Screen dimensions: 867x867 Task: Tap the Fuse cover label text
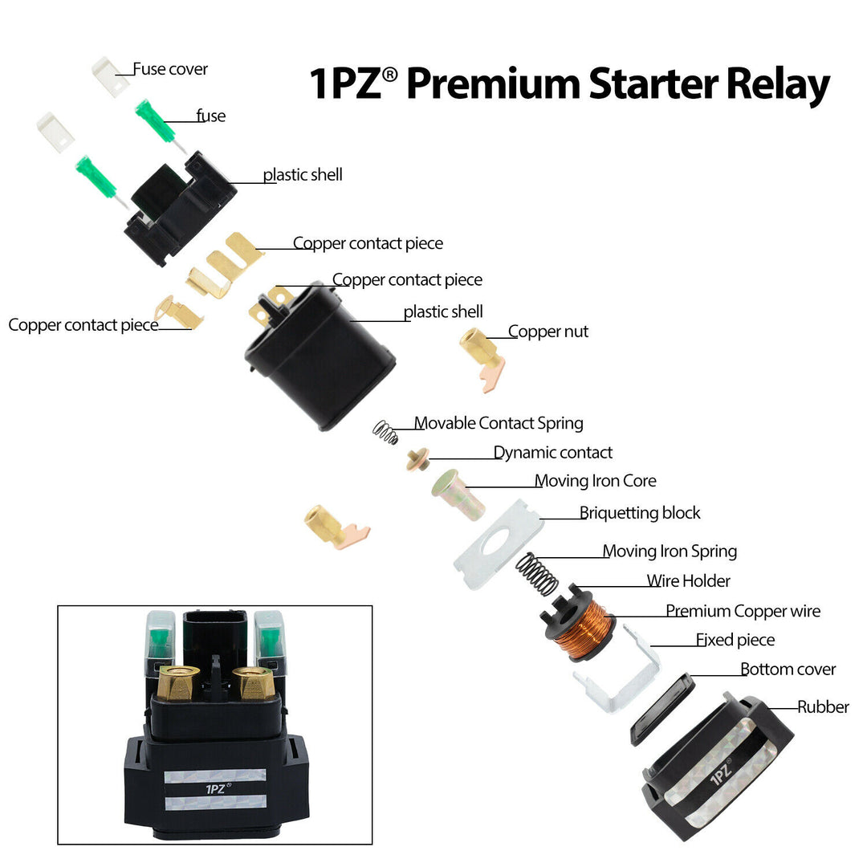170,69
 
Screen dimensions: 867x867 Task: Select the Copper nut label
548,332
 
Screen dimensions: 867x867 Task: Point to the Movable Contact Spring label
499,423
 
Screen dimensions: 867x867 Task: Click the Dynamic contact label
553,453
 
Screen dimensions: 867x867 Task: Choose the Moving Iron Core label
596,481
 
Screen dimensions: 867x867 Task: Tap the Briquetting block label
640,513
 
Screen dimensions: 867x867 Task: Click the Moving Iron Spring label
670,552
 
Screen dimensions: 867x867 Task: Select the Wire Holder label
689,581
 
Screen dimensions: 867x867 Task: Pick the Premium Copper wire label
743,612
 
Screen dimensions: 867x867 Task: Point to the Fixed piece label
735,640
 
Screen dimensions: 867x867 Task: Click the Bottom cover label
788,670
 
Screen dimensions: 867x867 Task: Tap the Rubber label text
823,707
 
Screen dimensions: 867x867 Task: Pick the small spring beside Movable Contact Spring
386,433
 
